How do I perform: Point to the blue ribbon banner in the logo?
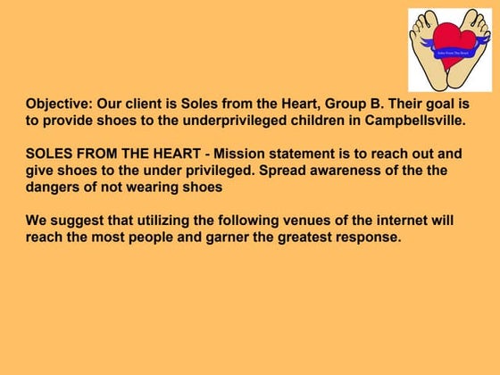(x=451, y=54)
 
